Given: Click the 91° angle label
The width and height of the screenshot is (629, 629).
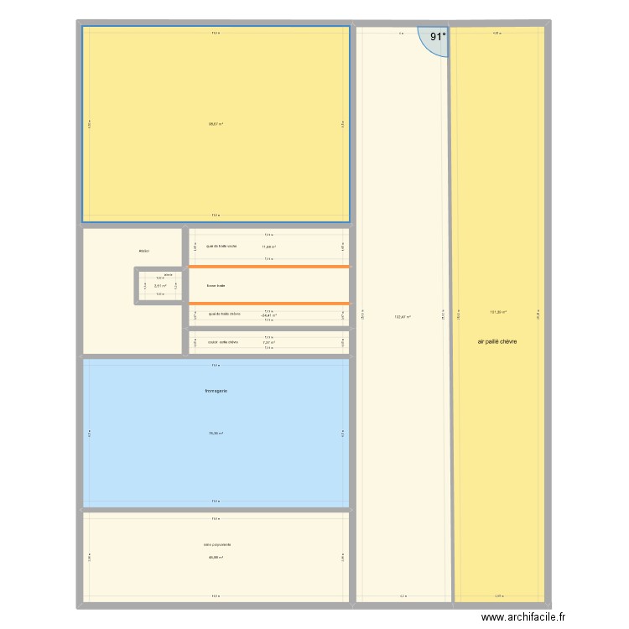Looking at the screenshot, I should point(439,37).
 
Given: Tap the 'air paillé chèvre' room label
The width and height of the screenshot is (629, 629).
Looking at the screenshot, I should point(497,342).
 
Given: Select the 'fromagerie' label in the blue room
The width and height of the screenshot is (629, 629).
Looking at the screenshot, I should point(216,391).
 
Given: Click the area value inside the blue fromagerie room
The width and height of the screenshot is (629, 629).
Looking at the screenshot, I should point(216,434).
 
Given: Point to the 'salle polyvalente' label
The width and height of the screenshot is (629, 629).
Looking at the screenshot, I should point(216,544).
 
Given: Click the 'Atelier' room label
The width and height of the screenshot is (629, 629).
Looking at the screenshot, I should point(144,251).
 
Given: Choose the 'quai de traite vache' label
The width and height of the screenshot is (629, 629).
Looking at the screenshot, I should point(221,246).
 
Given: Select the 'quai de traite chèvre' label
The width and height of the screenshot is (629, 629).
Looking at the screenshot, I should point(224,314).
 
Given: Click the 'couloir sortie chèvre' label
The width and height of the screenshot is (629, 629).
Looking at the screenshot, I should point(223,342).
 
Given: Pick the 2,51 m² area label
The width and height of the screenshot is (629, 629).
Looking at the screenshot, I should point(159,286).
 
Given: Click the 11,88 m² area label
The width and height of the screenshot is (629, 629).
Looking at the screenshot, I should point(268,247).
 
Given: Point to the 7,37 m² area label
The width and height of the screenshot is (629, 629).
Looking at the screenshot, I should point(268,342).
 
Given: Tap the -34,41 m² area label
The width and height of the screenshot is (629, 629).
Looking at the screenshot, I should point(268,315).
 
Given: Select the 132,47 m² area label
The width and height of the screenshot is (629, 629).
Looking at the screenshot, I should point(403,316).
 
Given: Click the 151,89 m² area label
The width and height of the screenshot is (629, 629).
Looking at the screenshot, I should point(497,313).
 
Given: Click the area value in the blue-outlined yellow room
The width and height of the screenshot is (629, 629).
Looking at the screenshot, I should point(216,124).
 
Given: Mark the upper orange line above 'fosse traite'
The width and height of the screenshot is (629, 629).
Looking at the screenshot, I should point(268,267).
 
